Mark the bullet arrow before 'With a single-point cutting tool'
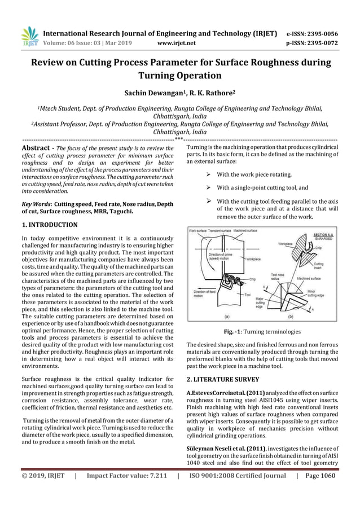pos(208,187)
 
